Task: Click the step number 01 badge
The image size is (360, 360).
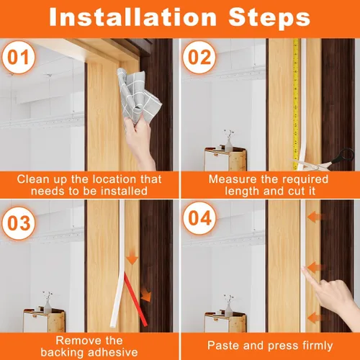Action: click(19, 58)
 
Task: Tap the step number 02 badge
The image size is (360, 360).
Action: click(199, 58)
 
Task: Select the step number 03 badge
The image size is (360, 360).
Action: click(19, 223)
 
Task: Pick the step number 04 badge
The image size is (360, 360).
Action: click(199, 218)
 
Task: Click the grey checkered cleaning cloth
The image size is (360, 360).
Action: click(138, 95)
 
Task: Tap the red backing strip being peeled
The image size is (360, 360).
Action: click(135, 300)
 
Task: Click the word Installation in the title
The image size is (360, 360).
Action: click(133, 17)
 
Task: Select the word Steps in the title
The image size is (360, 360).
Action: click(269, 17)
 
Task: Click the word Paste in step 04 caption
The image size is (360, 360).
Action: click(222, 346)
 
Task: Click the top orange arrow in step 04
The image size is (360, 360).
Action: click(316, 217)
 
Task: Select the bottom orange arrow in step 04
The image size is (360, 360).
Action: click(316, 318)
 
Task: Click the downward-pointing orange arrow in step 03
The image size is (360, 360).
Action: click(132, 257)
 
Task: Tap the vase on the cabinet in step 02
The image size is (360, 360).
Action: click(228, 142)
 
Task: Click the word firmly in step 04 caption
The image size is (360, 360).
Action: click(318, 346)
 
